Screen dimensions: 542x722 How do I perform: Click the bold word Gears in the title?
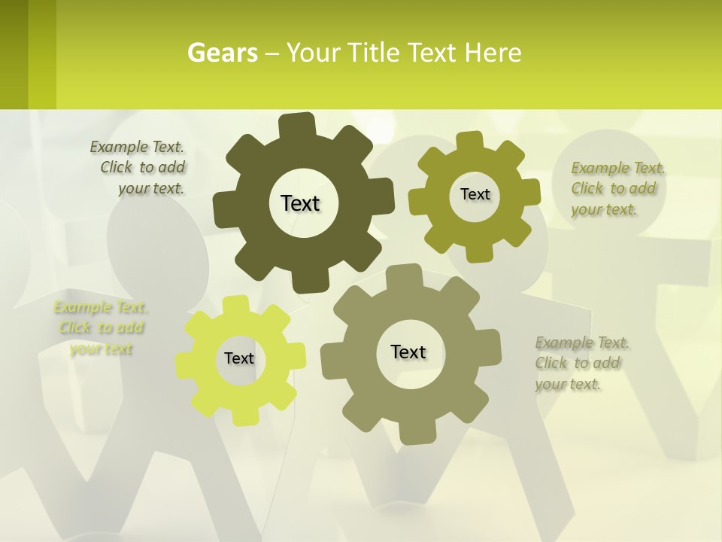(x=222, y=53)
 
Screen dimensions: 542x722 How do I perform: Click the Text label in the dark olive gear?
(x=300, y=203)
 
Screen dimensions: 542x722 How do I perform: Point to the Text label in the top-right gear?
(x=475, y=194)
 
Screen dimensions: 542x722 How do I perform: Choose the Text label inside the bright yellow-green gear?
(x=239, y=358)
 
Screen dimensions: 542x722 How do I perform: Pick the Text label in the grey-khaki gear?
(x=408, y=352)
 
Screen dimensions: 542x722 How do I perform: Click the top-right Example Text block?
(x=617, y=189)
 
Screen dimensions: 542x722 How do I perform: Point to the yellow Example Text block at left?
(x=101, y=327)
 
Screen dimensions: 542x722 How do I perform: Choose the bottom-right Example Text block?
(x=581, y=364)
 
